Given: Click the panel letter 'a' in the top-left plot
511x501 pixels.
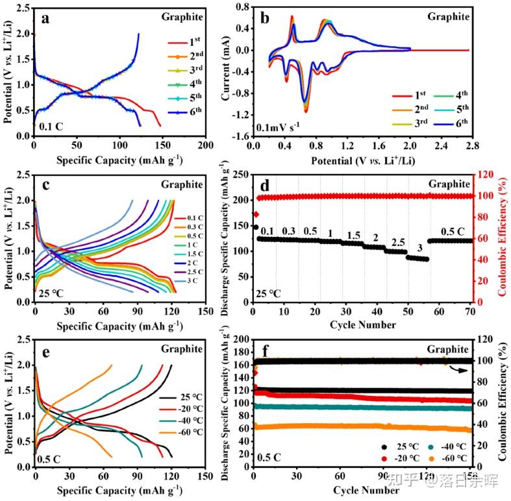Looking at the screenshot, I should pyautogui.click(x=45, y=18).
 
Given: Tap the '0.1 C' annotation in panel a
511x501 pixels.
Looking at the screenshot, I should pyautogui.click(x=51, y=127).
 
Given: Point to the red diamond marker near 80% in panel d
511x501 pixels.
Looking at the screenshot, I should pyautogui.click(x=256, y=214).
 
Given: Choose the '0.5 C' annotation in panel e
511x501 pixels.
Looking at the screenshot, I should pyautogui.click(x=51, y=457).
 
